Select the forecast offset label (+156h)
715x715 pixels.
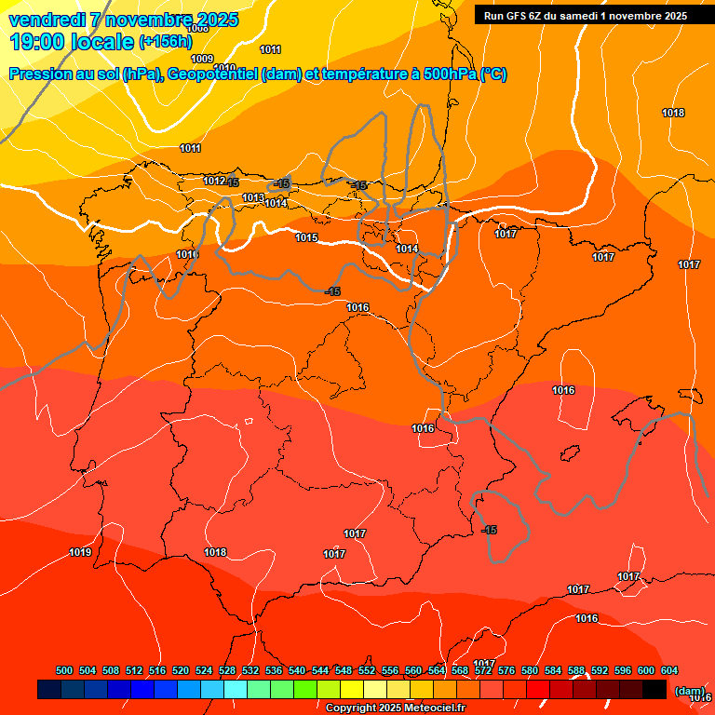click(x=165, y=42)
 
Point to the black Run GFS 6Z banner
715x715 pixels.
click(x=586, y=15)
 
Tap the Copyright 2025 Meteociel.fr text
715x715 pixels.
click(x=395, y=708)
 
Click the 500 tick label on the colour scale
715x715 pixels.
click(x=64, y=671)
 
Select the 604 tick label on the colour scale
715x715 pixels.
click(x=669, y=671)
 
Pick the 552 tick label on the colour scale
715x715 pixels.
click(x=367, y=671)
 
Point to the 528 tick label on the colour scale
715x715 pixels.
click(x=227, y=671)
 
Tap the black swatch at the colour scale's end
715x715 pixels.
click(x=654, y=689)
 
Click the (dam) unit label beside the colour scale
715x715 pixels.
click(x=689, y=691)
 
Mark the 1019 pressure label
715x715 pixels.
click(x=80, y=553)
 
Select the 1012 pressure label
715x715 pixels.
click(x=214, y=181)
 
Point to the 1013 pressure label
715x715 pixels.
click(x=253, y=197)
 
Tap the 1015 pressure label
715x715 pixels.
click(x=306, y=237)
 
